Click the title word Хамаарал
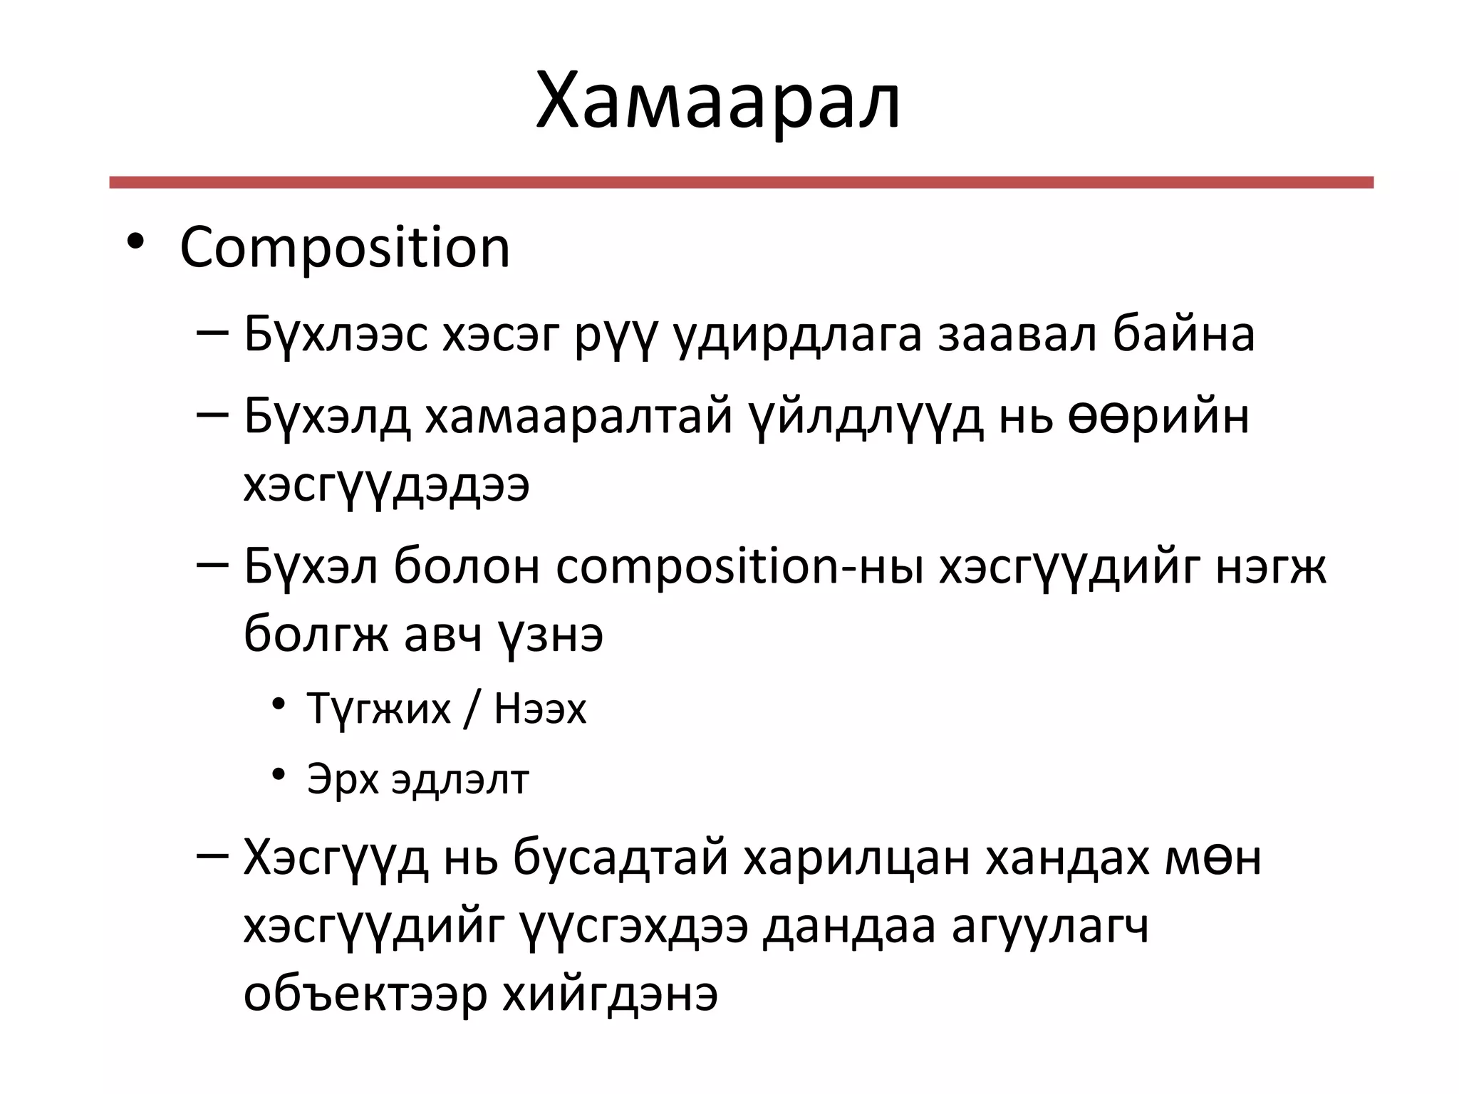pos(718,101)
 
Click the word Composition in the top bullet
pos(345,248)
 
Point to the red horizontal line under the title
pos(741,182)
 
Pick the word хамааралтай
pos(579,416)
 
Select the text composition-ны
pos(739,568)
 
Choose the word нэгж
pos(1270,568)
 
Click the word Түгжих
pos(379,709)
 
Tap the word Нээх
pos(540,709)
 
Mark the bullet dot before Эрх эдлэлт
pos(279,773)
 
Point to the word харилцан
pos(856,859)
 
